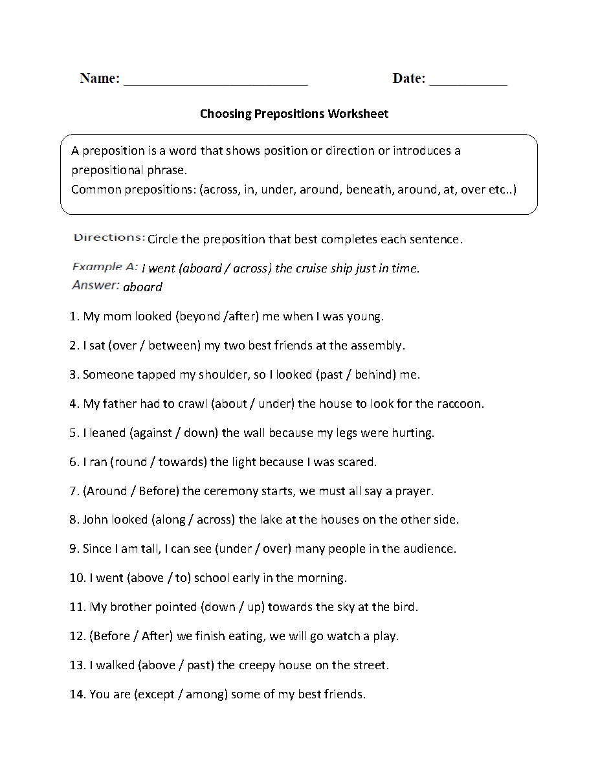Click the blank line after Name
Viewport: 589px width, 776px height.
215,83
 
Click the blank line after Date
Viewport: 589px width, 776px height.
468,83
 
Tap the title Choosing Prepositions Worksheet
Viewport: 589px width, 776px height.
294,114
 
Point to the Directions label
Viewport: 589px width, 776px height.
109,238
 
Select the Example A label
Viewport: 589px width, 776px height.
105,267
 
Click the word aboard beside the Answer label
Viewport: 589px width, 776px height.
142,287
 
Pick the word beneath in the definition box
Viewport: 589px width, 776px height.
368,190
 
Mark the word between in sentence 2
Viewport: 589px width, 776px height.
173,346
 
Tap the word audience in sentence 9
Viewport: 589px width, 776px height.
428,549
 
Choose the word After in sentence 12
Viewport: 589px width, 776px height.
155,636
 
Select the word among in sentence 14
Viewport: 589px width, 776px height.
204,694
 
